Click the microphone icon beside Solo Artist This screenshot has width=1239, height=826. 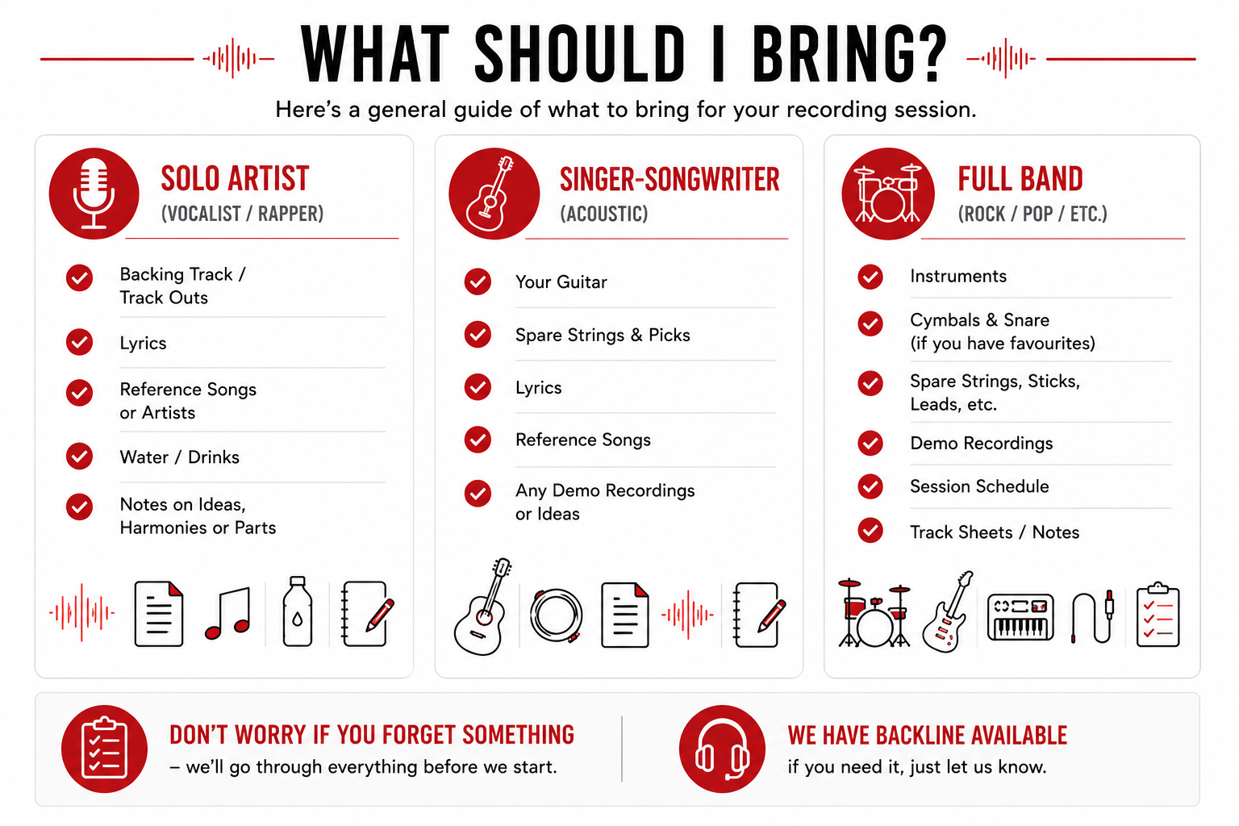94,193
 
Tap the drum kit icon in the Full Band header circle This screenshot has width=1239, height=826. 888,194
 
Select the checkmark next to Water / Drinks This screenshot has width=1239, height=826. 80,457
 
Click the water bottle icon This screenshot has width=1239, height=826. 298,611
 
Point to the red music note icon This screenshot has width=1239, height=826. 228,614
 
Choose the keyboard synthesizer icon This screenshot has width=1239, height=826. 1020,617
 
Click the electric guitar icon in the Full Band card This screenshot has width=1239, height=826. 946,612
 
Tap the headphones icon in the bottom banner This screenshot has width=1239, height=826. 723,749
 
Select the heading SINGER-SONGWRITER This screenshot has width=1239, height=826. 670,179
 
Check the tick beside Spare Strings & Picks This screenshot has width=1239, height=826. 478,335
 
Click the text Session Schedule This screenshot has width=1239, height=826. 979,486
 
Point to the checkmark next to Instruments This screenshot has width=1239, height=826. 870,276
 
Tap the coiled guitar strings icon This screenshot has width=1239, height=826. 556,615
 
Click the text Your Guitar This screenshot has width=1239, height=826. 561,282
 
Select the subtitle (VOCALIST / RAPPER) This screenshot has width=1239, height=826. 242,214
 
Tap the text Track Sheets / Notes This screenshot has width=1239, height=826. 995,532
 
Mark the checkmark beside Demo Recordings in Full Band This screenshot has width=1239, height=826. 870,443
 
